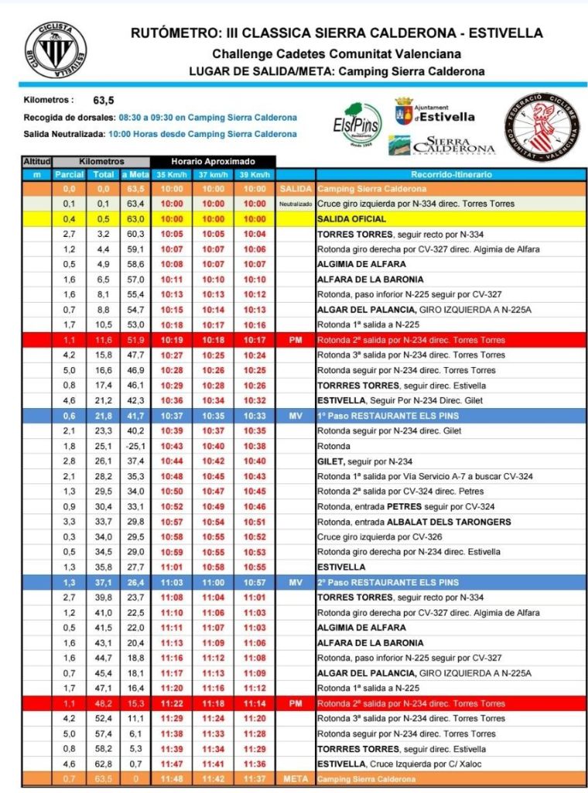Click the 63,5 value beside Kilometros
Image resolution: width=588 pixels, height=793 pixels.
(x=104, y=100)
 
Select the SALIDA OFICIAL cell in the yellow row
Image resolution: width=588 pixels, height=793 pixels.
(x=351, y=219)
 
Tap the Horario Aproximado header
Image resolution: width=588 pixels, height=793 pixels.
(x=213, y=161)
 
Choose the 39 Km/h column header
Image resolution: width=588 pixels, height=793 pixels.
(x=254, y=175)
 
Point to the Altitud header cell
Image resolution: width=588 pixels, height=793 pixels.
(x=36, y=161)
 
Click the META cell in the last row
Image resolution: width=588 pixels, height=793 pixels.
(x=296, y=779)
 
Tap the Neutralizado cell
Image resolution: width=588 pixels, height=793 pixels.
(x=296, y=204)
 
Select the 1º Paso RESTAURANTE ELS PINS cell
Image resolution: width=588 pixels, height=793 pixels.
(x=388, y=416)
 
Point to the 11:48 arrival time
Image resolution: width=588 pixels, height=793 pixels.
(x=172, y=779)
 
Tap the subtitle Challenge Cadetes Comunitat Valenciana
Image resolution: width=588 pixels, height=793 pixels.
(x=337, y=53)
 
